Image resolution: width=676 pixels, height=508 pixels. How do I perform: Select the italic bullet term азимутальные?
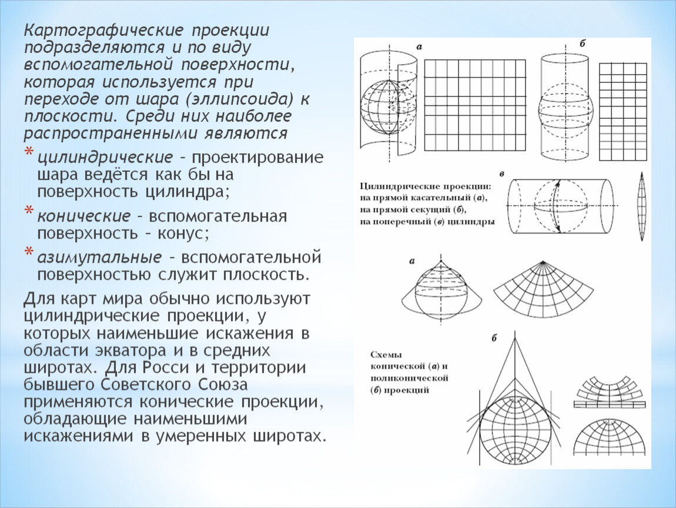click(100, 258)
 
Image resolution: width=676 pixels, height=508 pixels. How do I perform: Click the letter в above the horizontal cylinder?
click(501, 173)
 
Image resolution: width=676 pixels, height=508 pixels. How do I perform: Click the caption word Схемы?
click(384, 356)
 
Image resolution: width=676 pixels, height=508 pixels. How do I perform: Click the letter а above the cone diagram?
click(412, 260)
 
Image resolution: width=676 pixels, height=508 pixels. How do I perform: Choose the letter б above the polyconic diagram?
click(494, 337)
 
